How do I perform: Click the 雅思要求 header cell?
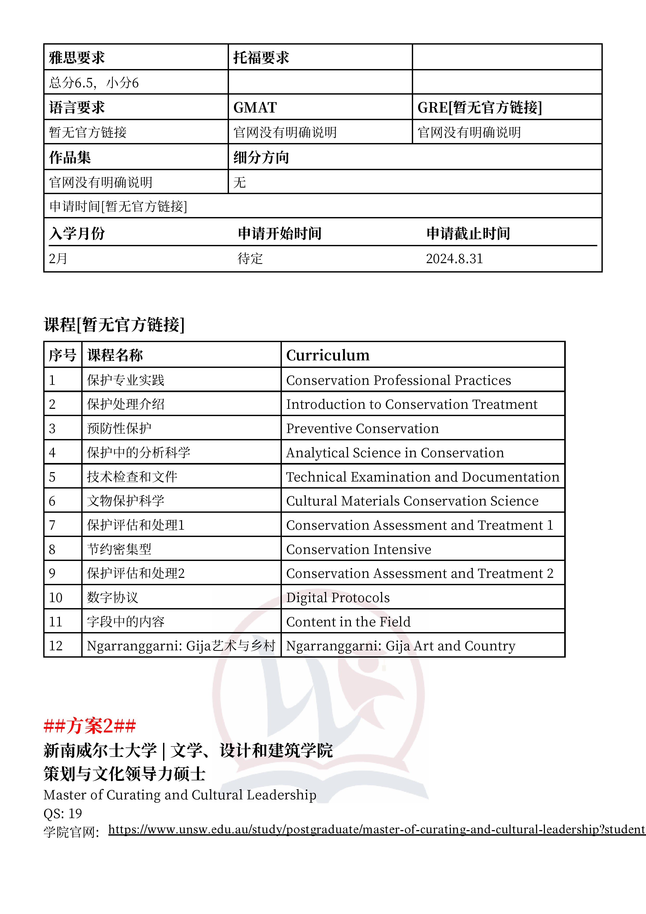pyautogui.click(x=77, y=58)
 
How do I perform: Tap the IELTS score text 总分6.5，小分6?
pyautogui.click(x=94, y=83)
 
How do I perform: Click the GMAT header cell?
pyautogui.click(x=255, y=108)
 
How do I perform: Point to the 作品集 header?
pyautogui.click(x=70, y=157)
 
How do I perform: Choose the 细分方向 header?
pyautogui.click(x=261, y=157)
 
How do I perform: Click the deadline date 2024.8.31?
pyautogui.click(x=454, y=259)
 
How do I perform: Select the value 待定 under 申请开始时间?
pyautogui.click(x=250, y=259)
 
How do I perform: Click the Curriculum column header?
pyautogui.click(x=328, y=355)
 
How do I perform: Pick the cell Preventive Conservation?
pyautogui.click(x=362, y=428)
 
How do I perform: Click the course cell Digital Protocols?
pyautogui.click(x=338, y=597)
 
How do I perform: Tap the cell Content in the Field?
pyautogui.click(x=348, y=622)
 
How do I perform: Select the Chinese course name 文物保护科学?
pyautogui.click(x=126, y=501)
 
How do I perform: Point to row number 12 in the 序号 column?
pyautogui.click(x=56, y=646)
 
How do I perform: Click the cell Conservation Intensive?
pyautogui.click(x=359, y=549)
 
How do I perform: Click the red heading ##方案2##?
pyautogui.click(x=90, y=726)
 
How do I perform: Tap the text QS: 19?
pyautogui.click(x=63, y=813)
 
